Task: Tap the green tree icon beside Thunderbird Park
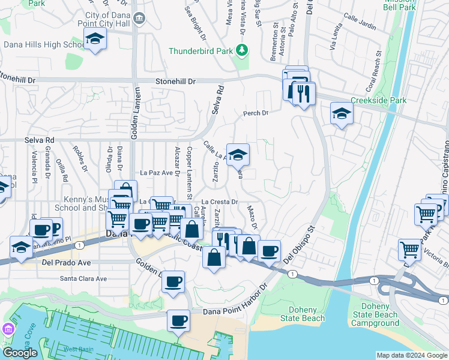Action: (242, 50)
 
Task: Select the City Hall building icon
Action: (139, 19)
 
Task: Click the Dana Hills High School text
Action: (44, 44)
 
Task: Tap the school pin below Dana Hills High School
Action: (94, 40)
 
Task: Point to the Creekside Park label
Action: (379, 101)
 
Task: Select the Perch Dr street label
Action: (255, 113)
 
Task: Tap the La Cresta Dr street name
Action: (220, 202)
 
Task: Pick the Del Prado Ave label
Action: (66, 263)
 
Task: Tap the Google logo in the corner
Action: (20, 353)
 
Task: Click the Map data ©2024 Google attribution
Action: (411, 355)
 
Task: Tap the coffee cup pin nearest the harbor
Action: (178, 320)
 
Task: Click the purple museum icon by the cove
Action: (8, 329)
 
